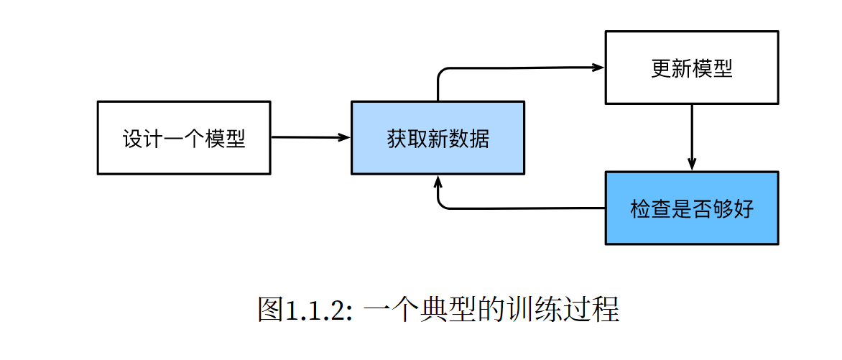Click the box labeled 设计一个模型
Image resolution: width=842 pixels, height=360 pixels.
(x=184, y=137)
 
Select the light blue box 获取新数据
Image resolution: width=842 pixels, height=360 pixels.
(x=438, y=137)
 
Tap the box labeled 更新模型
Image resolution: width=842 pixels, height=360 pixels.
(x=692, y=68)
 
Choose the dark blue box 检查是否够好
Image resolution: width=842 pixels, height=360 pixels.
(x=692, y=208)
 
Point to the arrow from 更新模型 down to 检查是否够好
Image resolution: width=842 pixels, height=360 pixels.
(x=692, y=137)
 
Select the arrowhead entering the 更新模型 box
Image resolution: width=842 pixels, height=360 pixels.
(x=598, y=68)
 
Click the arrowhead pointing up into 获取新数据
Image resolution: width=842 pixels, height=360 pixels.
(x=438, y=182)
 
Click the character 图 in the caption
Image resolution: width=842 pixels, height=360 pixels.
(x=272, y=310)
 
